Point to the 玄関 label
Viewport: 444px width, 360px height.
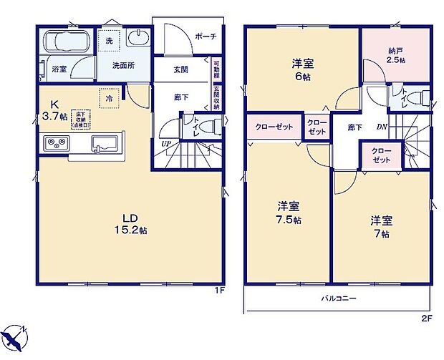180,70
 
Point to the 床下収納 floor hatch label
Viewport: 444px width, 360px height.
81,118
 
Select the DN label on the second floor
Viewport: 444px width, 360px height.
381,127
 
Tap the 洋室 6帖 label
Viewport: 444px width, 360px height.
302,69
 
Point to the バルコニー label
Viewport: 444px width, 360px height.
334,298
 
